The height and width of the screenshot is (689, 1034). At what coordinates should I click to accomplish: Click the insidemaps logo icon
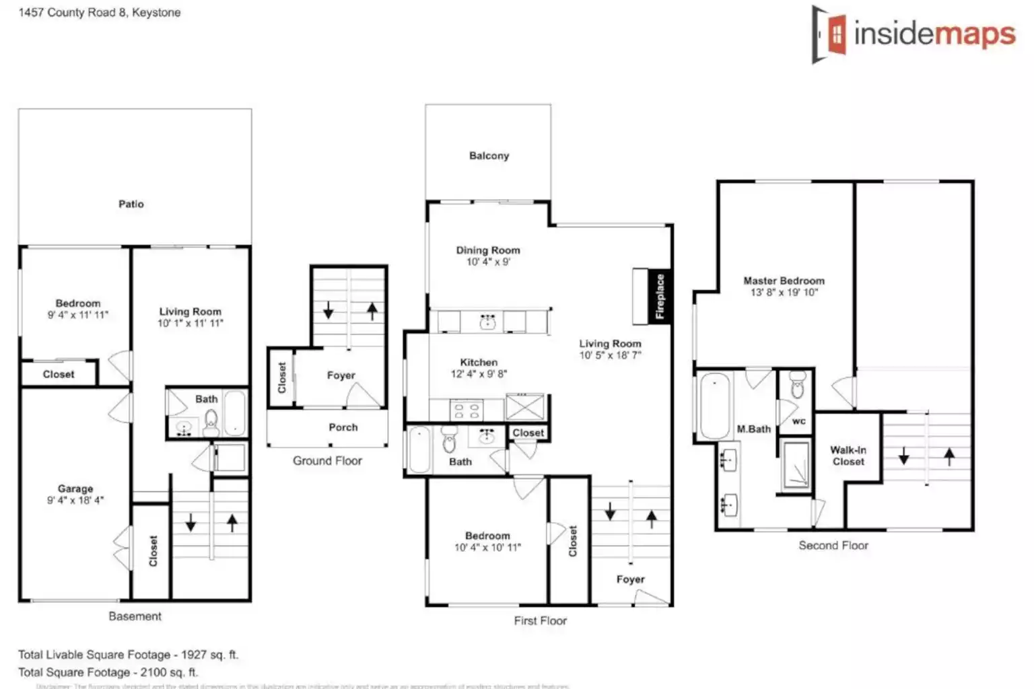(x=829, y=34)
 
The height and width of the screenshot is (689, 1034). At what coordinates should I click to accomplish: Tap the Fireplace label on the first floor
(x=660, y=296)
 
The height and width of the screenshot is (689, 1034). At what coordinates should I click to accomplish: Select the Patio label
(x=131, y=204)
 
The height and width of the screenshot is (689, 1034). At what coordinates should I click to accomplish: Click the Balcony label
(x=489, y=155)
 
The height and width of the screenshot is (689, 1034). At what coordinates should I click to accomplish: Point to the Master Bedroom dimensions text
(x=784, y=293)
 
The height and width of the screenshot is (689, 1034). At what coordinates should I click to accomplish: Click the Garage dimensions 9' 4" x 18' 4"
(x=75, y=501)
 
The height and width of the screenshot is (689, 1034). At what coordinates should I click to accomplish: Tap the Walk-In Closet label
(x=848, y=456)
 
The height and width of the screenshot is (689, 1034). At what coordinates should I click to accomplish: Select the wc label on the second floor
(x=799, y=421)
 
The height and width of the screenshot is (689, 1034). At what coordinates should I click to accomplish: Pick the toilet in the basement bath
(x=211, y=422)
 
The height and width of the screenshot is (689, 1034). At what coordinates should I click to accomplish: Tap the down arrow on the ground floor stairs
(x=329, y=311)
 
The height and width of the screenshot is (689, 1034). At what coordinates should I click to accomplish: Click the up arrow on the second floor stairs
(x=949, y=457)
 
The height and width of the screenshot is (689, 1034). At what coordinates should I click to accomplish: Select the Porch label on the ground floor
(x=343, y=427)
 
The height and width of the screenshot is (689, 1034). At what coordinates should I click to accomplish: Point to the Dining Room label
(x=488, y=250)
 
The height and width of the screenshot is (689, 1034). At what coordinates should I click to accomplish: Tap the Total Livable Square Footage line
(x=128, y=655)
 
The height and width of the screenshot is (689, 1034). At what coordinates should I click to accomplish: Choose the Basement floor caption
(x=135, y=616)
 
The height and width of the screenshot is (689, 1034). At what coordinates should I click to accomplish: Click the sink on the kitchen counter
(x=487, y=322)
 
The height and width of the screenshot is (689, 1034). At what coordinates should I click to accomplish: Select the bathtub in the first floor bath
(x=419, y=450)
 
